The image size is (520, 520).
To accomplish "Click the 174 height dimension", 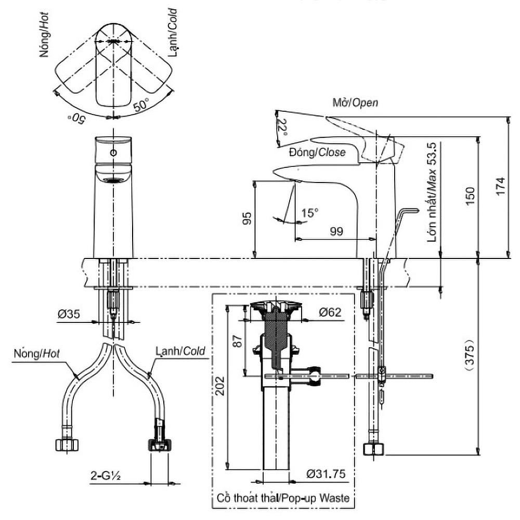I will (x=500, y=186).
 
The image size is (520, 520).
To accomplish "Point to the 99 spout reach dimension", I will (x=336, y=231).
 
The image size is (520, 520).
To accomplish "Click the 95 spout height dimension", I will (x=247, y=218).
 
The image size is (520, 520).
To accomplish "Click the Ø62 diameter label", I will (x=330, y=312).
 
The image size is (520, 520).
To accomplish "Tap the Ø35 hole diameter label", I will (x=69, y=314).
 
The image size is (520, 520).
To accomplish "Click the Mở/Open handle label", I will (x=355, y=103).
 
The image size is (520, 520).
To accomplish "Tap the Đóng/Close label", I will (x=318, y=152).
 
